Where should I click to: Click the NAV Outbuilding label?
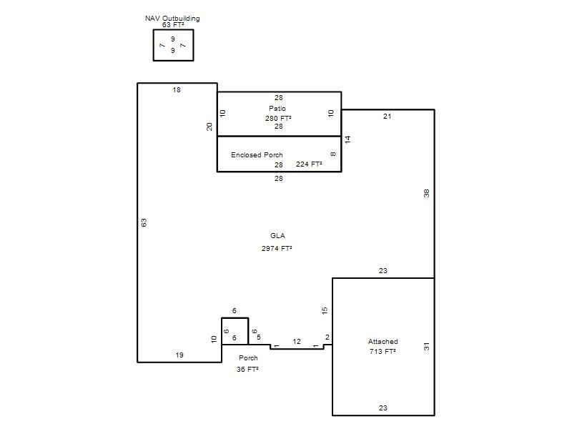coord(172,19)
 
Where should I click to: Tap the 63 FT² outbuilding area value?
coord(173,25)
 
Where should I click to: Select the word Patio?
coord(277,109)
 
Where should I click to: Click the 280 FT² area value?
coord(278,118)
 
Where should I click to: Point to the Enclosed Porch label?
coord(257,154)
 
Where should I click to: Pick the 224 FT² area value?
coord(309,164)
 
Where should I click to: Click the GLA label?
coord(277,236)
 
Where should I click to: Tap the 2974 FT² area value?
coord(277,248)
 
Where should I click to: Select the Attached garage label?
coord(383,342)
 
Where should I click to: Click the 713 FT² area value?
coord(383,351)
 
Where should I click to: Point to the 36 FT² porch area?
coord(247,369)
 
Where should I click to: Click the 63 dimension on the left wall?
coord(144,222)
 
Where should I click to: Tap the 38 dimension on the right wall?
coord(426,193)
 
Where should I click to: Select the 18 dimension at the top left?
coord(177,90)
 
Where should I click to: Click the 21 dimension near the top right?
coord(387,116)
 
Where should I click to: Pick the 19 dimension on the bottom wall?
coord(179,355)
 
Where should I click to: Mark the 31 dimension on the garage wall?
coord(426,347)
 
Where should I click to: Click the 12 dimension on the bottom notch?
coord(297,342)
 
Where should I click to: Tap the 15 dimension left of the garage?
coord(325,310)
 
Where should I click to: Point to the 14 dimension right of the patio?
coord(347,139)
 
